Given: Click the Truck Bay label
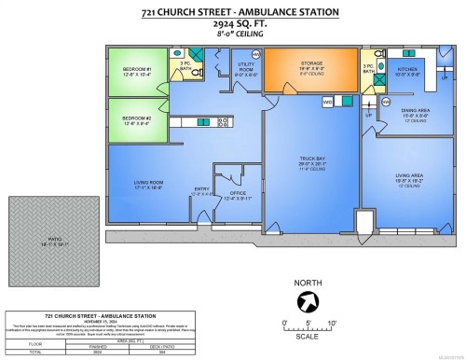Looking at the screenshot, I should (310, 159).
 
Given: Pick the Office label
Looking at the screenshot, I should (240, 194).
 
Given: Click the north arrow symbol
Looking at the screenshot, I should (305, 300).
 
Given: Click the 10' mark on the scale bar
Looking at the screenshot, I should (331, 322).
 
